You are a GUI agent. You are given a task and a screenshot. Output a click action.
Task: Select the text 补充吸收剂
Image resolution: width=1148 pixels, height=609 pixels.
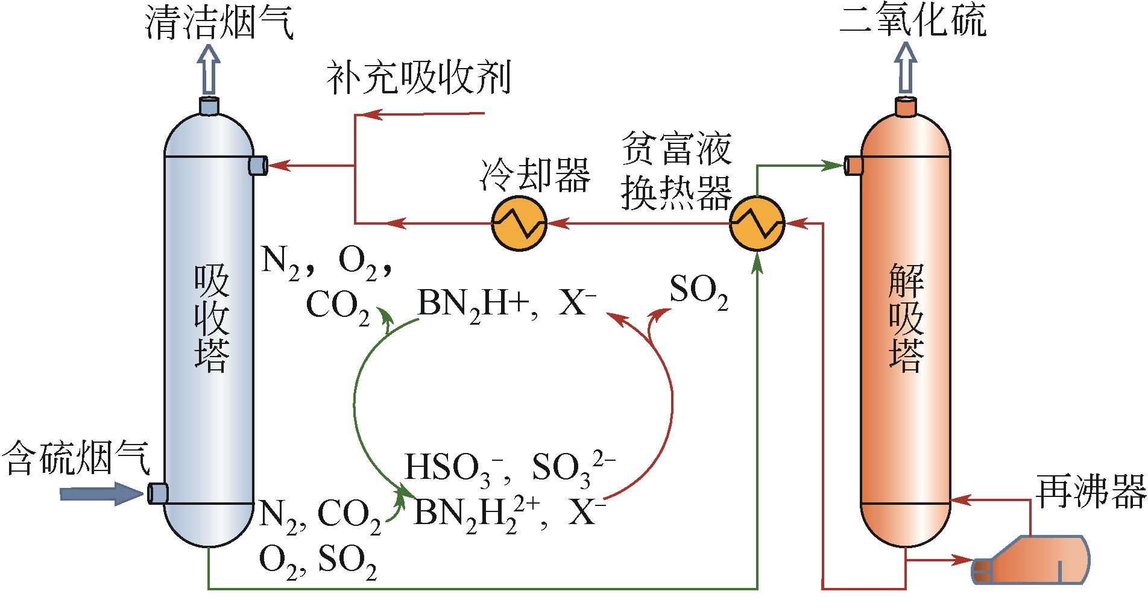[418, 79]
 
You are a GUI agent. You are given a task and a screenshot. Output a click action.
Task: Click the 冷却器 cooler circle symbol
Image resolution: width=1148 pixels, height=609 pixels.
[519, 223]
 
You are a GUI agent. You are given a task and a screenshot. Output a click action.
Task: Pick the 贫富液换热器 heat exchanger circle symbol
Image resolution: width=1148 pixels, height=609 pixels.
[757, 223]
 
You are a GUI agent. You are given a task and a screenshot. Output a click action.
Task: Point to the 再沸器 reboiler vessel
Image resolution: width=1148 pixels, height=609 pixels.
[1031, 560]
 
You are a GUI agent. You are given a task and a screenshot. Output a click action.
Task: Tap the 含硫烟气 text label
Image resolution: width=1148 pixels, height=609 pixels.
[75, 458]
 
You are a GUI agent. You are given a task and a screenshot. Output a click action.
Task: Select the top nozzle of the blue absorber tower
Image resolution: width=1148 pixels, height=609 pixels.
[209, 106]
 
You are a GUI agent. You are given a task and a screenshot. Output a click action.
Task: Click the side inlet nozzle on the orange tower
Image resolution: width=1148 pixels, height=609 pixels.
[854, 165]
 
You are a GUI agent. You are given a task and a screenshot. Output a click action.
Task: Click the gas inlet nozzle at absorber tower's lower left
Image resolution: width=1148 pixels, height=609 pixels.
[158, 493]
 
